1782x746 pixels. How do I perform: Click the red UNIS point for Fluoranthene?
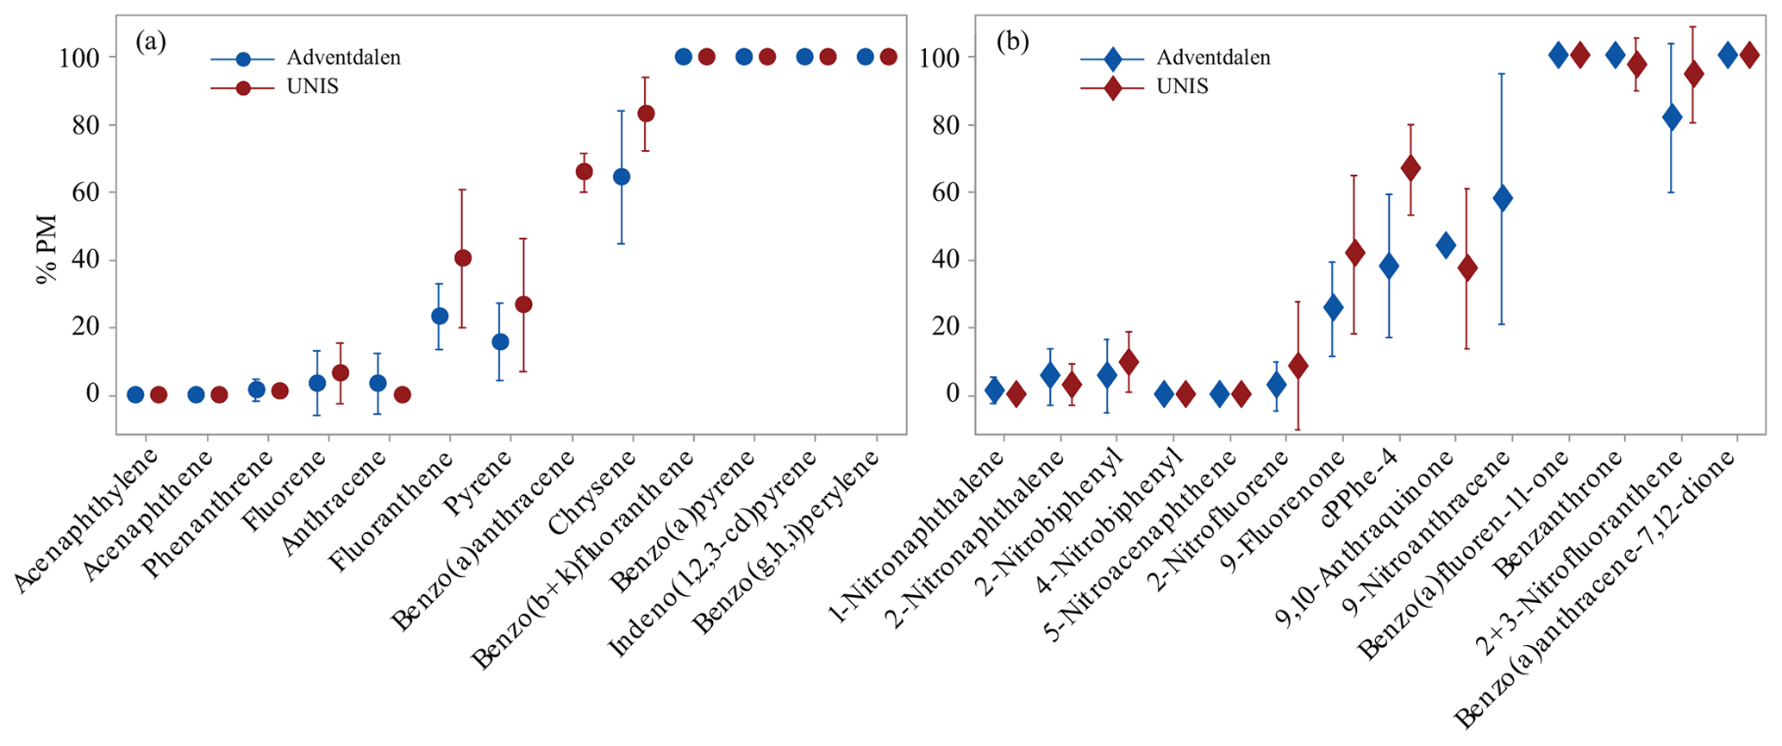pos(463,258)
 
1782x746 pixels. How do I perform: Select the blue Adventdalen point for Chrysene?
pos(622,177)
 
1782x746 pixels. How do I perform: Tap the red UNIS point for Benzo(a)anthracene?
pos(584,172)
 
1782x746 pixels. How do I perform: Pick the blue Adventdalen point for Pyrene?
pos(500,342)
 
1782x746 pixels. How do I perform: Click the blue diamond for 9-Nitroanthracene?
pos(1503,197)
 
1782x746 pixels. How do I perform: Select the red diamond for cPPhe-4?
pos(1410,168)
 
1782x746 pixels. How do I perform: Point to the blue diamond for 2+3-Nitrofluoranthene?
pos(1672,117)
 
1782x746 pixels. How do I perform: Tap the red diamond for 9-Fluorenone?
pos(1354,253)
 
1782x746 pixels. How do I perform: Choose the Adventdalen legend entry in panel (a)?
pos(343,58)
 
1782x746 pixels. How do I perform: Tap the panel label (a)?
pos(151,41)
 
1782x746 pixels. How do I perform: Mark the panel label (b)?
pos(1012,41)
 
